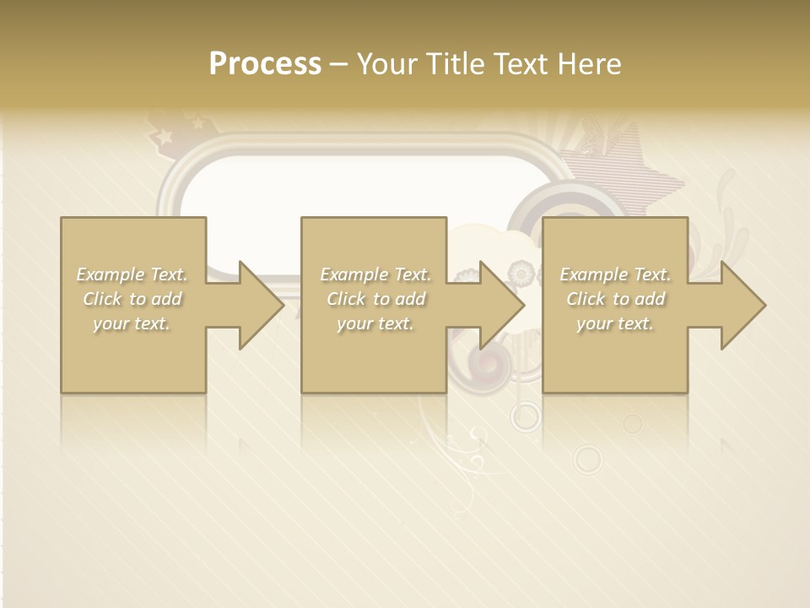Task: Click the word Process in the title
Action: (x=265, y=63)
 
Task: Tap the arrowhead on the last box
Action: (x=742, y=305)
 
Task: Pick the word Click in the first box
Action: (x=102, y=299)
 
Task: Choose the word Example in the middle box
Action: (x=354, y=274)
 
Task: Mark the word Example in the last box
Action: (x=593, y=274)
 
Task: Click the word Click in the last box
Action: (x=586, y=299)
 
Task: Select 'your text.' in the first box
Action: (x=132, y=323)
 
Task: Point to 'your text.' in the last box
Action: (x=615, y=323)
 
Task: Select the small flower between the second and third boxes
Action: (x=521, y=273)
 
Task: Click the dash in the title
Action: (x=338, y=64)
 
